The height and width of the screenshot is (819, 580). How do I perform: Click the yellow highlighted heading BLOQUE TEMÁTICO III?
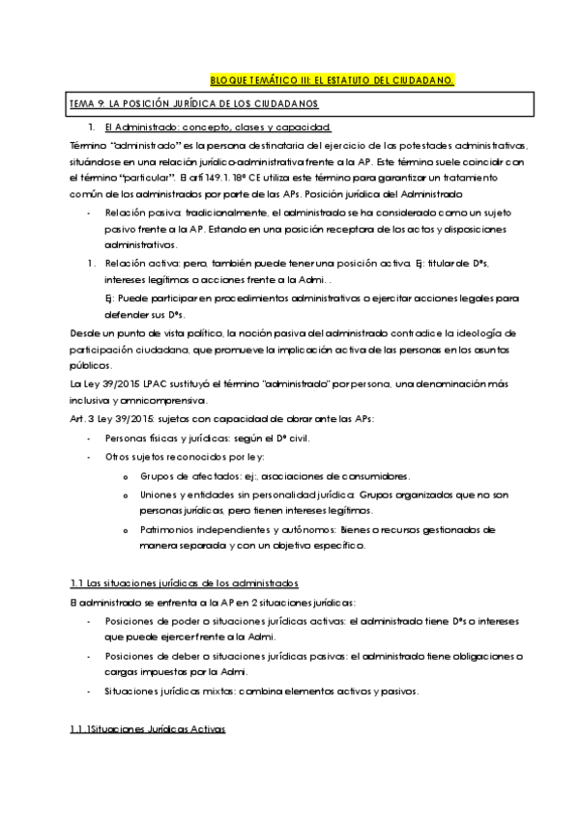pos(332,80)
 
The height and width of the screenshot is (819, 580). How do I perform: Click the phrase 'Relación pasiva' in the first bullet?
pos(139,212)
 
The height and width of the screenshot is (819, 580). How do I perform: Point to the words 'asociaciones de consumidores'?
pos(337,476)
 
